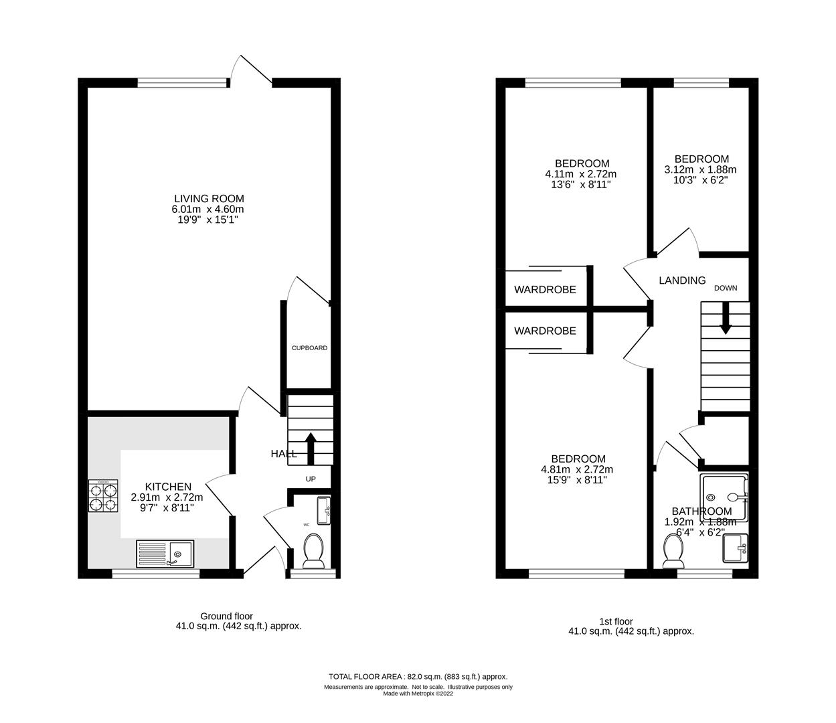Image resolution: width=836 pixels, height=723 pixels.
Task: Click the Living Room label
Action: click(209, 199)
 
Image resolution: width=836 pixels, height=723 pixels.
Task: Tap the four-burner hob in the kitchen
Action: click(103, 496)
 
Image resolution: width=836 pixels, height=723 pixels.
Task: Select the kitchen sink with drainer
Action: click(165, 554)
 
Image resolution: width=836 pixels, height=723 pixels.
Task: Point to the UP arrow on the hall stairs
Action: click(311, 447)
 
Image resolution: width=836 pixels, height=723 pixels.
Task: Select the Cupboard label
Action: click(309, 348)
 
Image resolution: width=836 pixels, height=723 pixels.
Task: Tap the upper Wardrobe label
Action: click(545, 290)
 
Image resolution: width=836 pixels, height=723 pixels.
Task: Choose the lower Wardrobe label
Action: click(545, 331)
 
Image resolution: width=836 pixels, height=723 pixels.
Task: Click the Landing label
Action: click(682, 280)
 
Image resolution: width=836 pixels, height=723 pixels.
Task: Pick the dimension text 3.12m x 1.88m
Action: click(700, 169)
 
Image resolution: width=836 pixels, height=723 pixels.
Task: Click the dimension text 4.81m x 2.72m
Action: click(577, 469)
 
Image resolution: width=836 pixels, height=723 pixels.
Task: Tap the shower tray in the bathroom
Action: click(724, 497)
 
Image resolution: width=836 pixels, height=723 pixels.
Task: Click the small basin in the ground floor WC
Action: click(323, 511)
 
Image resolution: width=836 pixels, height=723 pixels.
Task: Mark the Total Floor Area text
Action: click(418, 677)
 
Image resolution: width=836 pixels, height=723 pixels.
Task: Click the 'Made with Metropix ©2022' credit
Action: click(418, 694)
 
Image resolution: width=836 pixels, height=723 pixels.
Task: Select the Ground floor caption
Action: click(227, 616)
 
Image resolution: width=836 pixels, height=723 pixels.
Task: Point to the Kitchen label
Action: click(169, 487)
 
